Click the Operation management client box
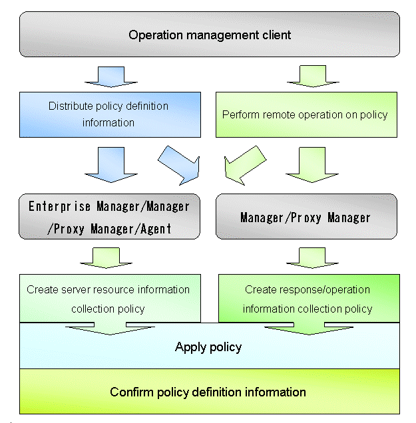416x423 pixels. coord(210,35)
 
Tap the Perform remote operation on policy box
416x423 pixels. coord(306,114)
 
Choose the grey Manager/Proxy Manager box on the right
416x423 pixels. coord(306,217)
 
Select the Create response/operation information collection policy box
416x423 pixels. coord(308,299)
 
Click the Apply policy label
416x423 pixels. coord(208,347)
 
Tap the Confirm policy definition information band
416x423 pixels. coord(208,391)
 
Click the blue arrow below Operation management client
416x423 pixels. coord(110,76)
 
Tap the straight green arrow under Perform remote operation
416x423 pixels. coord(308,165)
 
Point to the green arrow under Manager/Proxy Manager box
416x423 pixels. coord(308,257)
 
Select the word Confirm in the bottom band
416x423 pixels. coord(130,391)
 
